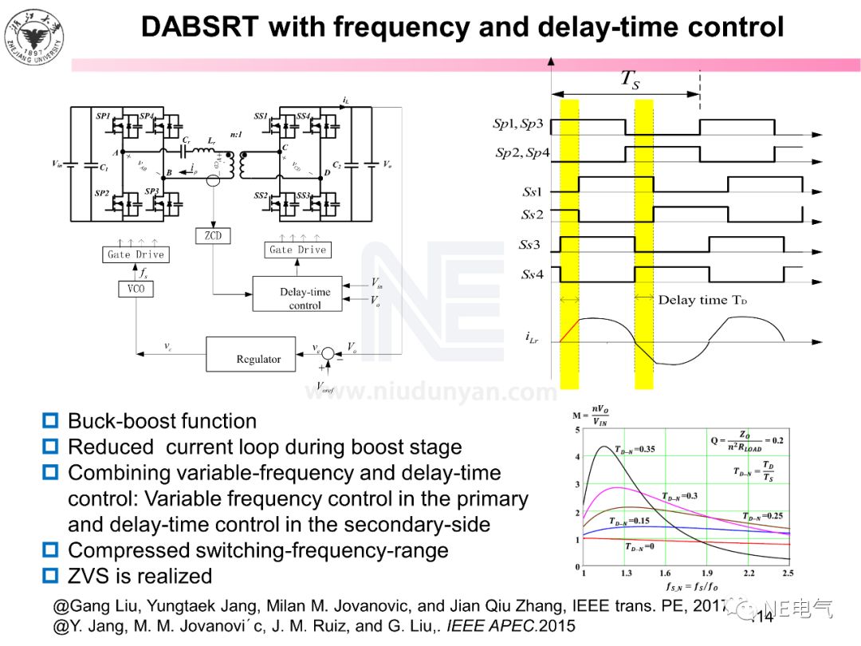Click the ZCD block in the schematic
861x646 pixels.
pyautogui.click(x=212, y=236)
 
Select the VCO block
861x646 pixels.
pyautogui.click(x=136, y=288)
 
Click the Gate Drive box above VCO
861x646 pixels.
pyautogui.click(x=136, y=254)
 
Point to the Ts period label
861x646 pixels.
pyautogui.click(x=630, y=79)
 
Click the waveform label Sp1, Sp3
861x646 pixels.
pyautogui.click(x=518, y=124)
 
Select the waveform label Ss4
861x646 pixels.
pyautogui.click(x=533, y=275)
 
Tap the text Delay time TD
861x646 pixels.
pyautogui.click(x=702, y=300)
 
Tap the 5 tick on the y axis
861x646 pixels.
pyautogui.click(x=577, y=431)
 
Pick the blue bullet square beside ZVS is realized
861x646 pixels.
pyautogui.click(x=51, y=575)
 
